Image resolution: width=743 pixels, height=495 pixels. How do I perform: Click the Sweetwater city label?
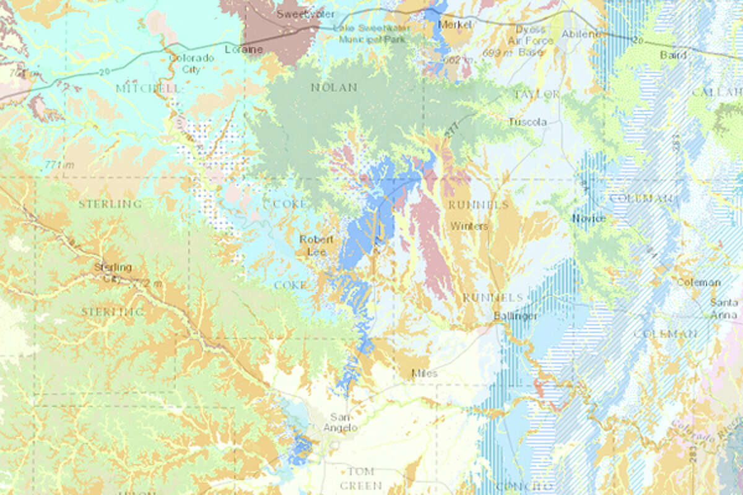coord(297,14)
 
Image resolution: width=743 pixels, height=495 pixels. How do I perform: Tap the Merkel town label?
coord(454,24)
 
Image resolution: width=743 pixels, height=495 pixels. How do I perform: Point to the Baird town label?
coord(673,56)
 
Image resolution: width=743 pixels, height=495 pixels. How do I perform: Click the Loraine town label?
coord(243,49)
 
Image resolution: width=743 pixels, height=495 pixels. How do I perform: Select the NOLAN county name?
coord(334,88)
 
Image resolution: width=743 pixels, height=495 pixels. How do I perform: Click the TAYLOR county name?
coord(536,94)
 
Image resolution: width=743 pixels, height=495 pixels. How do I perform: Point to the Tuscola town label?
coord(528,122)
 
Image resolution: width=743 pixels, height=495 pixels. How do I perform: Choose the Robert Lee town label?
coord(316,245)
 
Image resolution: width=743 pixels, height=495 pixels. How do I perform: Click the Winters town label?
coord(469,226)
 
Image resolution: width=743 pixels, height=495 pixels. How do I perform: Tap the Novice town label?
coord(589,218)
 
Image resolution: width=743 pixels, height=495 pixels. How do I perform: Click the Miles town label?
coord(424,373)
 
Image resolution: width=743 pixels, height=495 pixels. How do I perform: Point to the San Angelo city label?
coord(344,422)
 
